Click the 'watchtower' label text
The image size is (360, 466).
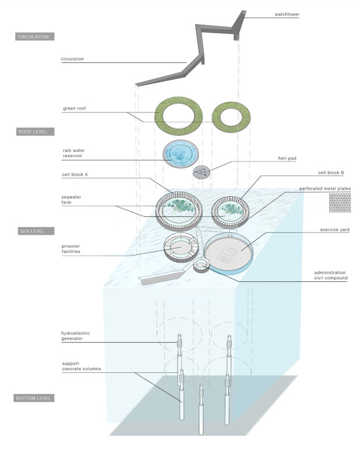(x=287, y=14)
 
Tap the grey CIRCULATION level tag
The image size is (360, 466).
(x=35, y=37)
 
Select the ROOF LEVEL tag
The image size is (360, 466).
(x=35, y=132)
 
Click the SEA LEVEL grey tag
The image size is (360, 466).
(x=36, y=231)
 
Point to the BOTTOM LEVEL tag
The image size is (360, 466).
(x=34, y=398)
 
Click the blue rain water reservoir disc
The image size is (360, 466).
(x=181, y=154)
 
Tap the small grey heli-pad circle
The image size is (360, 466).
(x=201, y=172)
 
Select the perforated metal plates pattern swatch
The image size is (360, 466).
(x=340, y=203)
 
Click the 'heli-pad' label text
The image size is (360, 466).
(x=287, y=158)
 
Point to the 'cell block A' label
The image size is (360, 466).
(x=75, y=174)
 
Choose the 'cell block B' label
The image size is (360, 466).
(x=331, y=172)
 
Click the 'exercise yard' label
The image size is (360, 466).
(x=335, y=230)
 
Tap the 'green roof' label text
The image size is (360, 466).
(x=75, y=108)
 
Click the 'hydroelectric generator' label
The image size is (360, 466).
(x=76, y=336)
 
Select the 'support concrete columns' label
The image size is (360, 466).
(x=82, y=366)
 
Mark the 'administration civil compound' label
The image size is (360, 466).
(x=330, y=275)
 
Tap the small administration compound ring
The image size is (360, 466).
(x=201, y=265)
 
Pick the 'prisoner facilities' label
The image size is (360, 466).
(x=71, y=249)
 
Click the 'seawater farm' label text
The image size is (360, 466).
(x=71, y=199)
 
